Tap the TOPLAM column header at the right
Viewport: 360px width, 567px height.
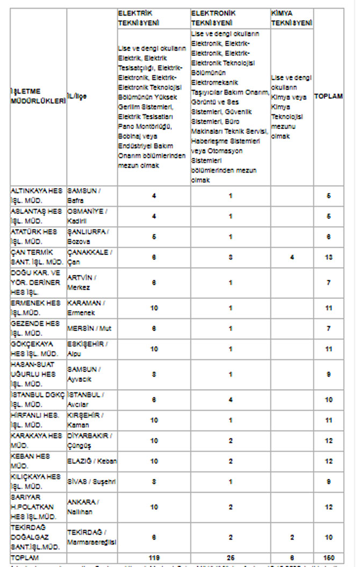point(328,96)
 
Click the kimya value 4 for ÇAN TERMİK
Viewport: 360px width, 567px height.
point(292,257)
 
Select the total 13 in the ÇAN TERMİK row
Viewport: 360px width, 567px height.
point(329,257)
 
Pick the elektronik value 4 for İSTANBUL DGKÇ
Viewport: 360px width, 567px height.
point(231,399)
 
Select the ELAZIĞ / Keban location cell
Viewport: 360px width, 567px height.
point(92,461)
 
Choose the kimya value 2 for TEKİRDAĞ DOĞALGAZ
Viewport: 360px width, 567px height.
point(292,537)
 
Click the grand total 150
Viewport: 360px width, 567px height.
point(329,558)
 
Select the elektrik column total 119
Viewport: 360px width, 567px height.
point(154,558)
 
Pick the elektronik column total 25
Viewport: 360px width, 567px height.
point(231,558)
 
